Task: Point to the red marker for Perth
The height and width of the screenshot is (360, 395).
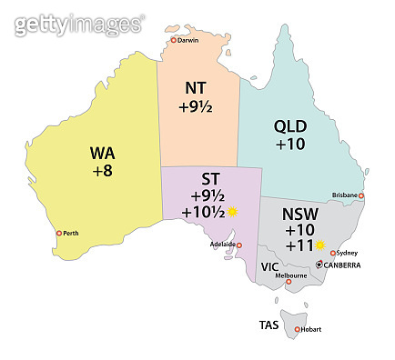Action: pyautogui.click(x=59, y=234)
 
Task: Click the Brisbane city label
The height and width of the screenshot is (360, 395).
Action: pyautogui.click(x=345, y=195)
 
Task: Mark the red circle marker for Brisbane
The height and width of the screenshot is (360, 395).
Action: pyautogui.click(x=361, y=195)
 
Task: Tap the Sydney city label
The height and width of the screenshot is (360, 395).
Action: pyautogui.click(x=345, y=253)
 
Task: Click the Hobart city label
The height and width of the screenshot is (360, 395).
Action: pyautogui.click(x=310, y=329)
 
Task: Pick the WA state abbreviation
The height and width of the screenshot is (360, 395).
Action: pyautogui.click(x=102, y=151)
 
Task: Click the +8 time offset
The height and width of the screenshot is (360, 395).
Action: pyautogui.click(x=102, y=169)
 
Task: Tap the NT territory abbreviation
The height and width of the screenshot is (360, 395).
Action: pyautogui.click(x=195, y=88)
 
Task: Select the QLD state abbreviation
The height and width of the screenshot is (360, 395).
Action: pyautogui.click(x=290, y=126)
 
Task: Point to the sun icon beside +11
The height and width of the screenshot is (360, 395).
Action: pyautogui.click(x=319, y=245)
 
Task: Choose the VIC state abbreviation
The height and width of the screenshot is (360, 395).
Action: pyautogui.click(x=269, y=267)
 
